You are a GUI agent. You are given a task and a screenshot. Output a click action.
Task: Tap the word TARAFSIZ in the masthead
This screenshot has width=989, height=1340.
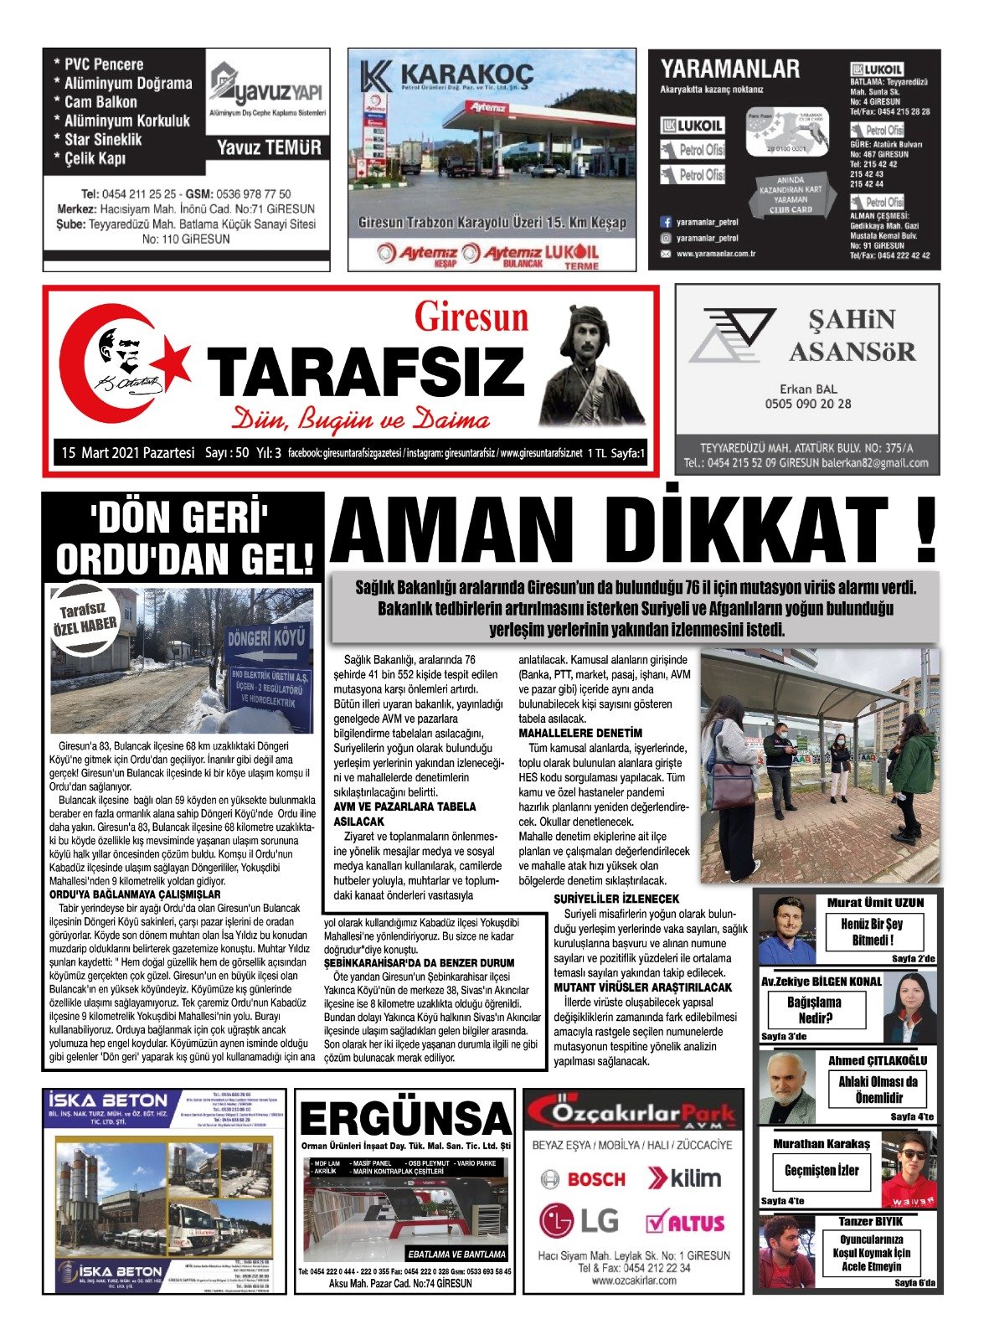click(365, 371)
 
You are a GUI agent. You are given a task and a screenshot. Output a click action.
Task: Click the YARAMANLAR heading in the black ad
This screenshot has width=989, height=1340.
click(729, 69)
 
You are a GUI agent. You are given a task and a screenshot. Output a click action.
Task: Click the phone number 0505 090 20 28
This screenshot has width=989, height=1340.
click(807, 404)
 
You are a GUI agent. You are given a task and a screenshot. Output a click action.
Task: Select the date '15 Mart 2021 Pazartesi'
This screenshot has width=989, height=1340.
click(127, 453)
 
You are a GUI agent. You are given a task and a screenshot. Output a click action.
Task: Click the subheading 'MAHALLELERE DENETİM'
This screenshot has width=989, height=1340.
click(580, 733)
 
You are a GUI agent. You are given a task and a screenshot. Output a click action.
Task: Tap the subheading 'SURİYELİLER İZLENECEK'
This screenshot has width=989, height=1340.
click(616, 899)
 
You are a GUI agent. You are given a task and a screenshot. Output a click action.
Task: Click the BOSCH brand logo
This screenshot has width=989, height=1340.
click(583, 1179)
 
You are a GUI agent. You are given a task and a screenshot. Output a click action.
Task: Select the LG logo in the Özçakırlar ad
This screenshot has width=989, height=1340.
click(577, 1221)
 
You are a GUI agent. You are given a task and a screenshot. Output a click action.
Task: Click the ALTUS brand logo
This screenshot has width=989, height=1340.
click(685, 1222)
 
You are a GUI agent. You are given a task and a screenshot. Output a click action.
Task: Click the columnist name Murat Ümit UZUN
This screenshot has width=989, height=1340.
click(875, 903)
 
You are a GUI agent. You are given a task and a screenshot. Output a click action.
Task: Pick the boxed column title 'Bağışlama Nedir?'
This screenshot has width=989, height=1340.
click(814, 1010)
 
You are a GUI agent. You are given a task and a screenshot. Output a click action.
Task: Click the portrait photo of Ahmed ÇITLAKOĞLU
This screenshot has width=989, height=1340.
click(786, 1087)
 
